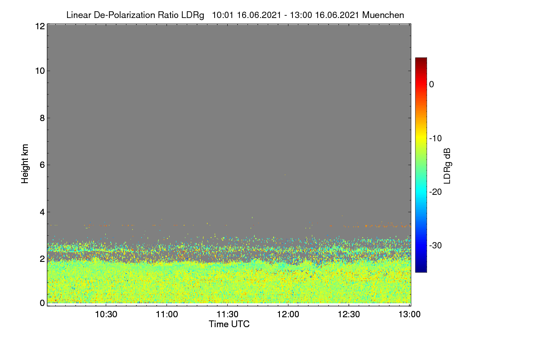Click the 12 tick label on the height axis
[40, 26]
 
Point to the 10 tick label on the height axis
[40, 71]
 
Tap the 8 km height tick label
[43, 118]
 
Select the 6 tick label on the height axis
[43, 165]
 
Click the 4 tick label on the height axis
[43, 212]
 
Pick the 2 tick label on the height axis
[43, 259]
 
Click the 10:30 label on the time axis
[106, 315]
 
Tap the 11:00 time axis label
[167, 315]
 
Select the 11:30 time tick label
[228, 315]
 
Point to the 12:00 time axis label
[288, 315]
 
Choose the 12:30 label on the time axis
[349, 315]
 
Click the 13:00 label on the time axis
[409, 315]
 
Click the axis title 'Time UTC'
[229, 324]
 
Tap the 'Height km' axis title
[25, 164]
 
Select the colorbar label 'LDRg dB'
[447, 166]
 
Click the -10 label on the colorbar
[436, 139]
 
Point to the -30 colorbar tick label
[436, 245]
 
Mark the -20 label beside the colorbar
[436, 192]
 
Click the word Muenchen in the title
[383, 15]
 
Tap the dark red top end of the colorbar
[421, 59]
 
